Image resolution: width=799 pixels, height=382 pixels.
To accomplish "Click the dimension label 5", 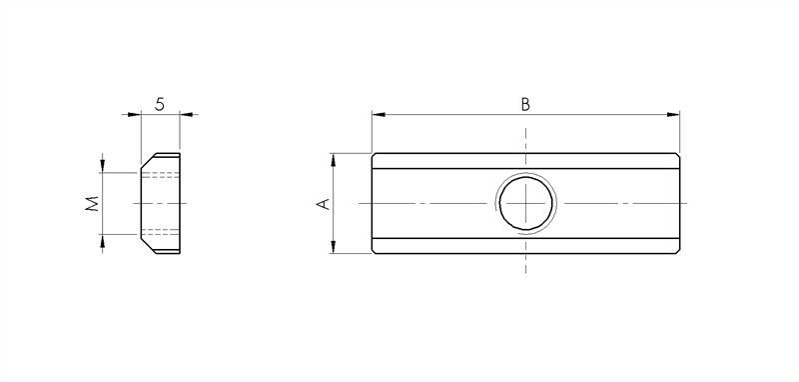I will tap(160, 102).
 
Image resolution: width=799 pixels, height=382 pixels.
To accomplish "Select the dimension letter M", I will tap(91, 204).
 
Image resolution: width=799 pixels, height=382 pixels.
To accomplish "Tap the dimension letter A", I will tap(322, 203).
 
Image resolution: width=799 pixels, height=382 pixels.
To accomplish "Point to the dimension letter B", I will tap(525, 104).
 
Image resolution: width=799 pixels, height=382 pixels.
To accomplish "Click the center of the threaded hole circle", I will tap(526, 203).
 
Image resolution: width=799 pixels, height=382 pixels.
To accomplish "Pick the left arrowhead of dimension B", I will tap(378, 114).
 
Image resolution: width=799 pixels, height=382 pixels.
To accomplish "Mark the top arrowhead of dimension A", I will tap(334, 158).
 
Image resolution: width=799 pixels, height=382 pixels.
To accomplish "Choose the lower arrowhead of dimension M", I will tap(102, 240).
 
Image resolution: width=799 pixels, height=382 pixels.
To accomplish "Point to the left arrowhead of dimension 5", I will tap(135, 114).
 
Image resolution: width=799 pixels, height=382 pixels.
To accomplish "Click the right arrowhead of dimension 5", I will tap(187, 114).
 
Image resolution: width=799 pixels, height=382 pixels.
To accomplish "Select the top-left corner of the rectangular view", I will tap(373, 153).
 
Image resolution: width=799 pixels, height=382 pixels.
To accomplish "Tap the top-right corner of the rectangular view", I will tap(681, 153).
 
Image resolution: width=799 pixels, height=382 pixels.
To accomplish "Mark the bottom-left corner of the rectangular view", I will tap(373, 253).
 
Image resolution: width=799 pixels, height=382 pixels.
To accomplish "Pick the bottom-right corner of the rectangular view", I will tap(681, 253).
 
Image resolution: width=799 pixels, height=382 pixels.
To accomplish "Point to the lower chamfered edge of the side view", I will tap(147, 246).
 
